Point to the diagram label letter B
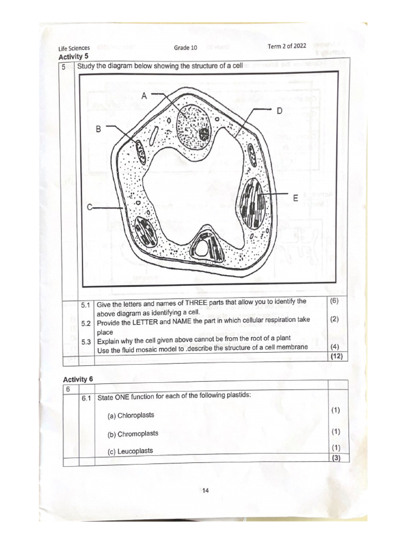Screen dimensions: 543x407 point(98,129)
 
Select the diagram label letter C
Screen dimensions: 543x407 point(91,207)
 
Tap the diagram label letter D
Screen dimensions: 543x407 point(279,111)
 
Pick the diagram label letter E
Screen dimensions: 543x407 point(296,198)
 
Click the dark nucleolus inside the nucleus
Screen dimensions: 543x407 point(203,134)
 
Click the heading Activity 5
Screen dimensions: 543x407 point(72,56)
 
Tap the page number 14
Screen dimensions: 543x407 point(206,491)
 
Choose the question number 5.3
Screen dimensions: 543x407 point(86,341)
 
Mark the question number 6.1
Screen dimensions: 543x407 point(87,398)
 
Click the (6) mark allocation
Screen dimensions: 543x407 point(334,301)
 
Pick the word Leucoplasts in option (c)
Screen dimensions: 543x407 point(135,451)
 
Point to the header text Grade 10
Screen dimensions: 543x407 point(185,48)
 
